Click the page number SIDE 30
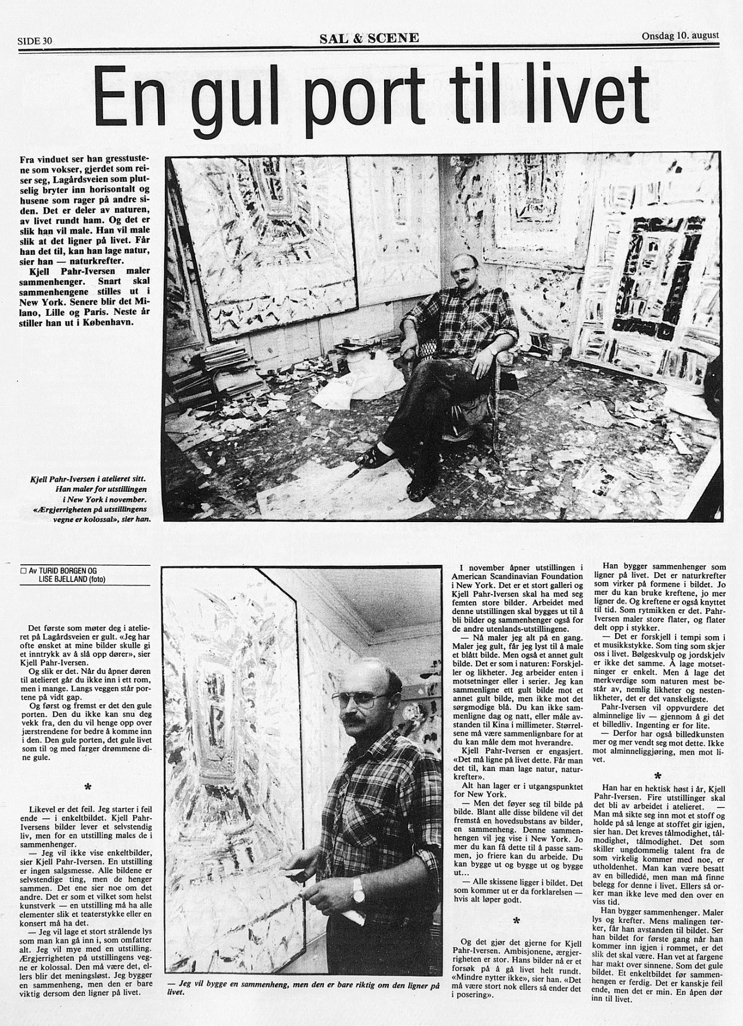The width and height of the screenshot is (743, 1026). pos(36,41)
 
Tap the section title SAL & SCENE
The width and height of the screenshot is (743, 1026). pos(369,37)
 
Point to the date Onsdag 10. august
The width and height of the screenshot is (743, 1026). pos(680,36)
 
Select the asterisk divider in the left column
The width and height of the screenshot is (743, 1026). pos(88,787)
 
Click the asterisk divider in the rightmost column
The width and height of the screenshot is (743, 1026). pos(657,775)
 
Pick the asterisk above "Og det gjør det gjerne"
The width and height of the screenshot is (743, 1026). pos(516,920)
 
